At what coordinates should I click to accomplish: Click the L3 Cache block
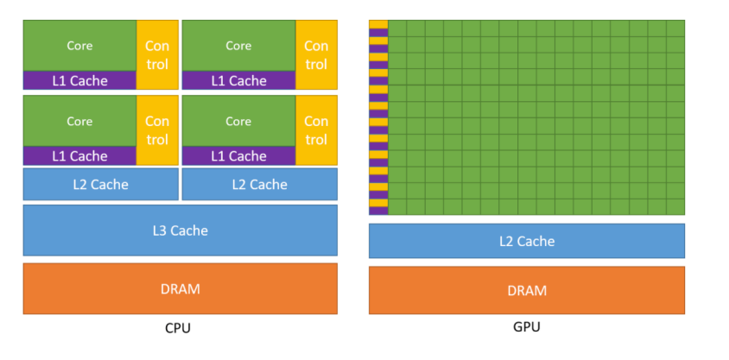180,230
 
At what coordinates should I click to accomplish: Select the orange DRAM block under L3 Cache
180,288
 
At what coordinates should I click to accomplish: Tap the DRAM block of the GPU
526,290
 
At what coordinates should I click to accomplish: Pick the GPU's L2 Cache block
526,241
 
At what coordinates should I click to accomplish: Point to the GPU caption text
527,327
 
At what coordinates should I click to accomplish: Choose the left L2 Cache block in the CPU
100,184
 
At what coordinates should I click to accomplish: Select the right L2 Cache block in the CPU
259,184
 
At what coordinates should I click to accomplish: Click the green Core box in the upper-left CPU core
79,46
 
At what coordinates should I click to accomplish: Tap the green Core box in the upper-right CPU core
238,46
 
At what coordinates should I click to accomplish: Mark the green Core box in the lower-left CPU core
79,121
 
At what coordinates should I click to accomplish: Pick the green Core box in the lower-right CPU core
238,121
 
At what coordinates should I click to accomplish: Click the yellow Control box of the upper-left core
157,54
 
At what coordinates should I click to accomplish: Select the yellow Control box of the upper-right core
316,54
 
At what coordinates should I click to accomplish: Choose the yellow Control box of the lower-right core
316,130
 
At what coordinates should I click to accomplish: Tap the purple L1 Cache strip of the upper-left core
79,81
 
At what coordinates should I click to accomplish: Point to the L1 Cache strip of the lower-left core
79,156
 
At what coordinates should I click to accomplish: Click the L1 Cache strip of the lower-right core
238,156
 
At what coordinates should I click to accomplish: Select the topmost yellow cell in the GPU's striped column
378,24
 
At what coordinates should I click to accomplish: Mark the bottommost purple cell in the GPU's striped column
378,210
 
